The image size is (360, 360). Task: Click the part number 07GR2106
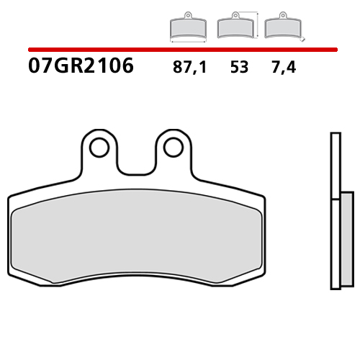[x=81, y=66]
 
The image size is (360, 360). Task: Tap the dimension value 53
[x=240, y=68]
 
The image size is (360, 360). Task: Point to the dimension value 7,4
[x=285, y=68]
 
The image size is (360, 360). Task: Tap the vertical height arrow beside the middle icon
[x=257, y=24]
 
